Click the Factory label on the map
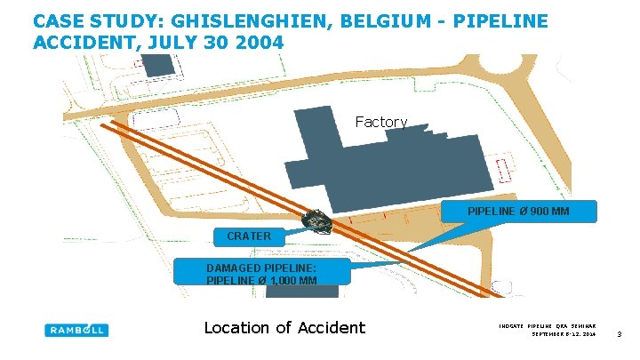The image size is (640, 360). coord(380,122)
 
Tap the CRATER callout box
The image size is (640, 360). coord(248,236)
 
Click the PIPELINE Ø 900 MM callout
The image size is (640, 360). coord(519,211)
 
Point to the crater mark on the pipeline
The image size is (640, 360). coord(316,220)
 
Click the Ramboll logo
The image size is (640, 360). coord(76,330)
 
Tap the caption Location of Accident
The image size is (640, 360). coord(284,327)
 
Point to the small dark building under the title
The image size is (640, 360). coord(157,65)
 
